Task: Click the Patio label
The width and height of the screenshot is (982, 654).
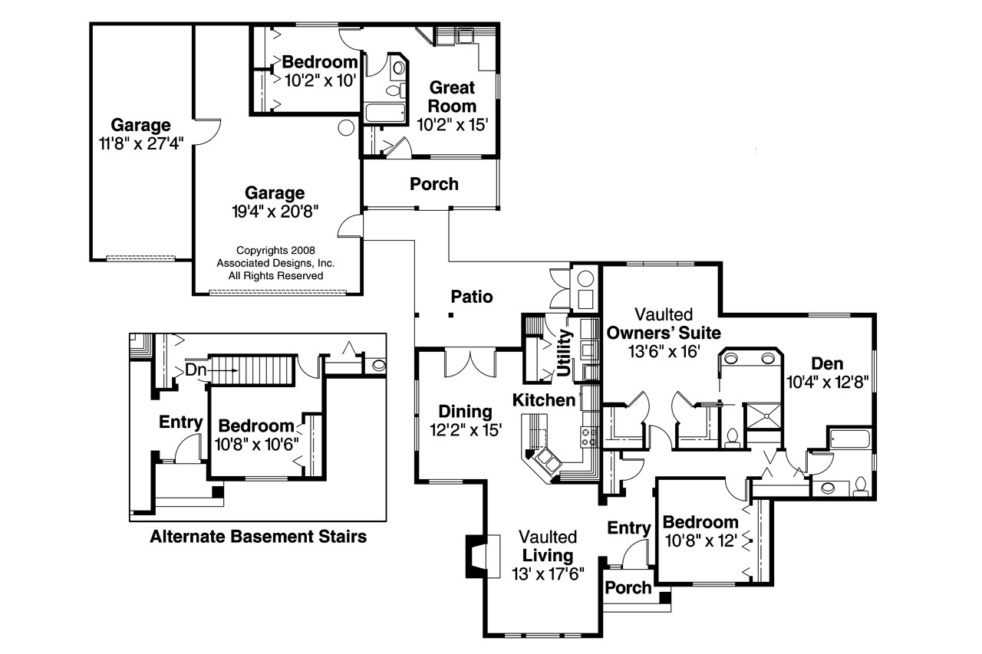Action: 471,297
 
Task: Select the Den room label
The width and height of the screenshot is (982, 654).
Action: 825,363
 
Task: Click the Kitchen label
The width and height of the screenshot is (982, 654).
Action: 543,400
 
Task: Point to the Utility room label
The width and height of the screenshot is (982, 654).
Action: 566,353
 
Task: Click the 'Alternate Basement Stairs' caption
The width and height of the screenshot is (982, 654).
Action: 258,537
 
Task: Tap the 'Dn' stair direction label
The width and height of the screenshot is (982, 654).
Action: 196,370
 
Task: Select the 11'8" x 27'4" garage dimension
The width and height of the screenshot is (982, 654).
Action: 140,144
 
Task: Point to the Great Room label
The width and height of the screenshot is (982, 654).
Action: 452,97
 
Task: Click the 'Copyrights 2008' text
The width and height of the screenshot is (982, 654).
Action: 275,250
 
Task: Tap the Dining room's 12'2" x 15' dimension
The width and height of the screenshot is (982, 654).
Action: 466,430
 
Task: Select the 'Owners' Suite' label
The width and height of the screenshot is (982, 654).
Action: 664,333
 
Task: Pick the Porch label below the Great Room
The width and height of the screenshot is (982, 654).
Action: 434,184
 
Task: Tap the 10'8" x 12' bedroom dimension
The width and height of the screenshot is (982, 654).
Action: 702,541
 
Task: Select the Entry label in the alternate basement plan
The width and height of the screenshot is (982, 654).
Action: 180,422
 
